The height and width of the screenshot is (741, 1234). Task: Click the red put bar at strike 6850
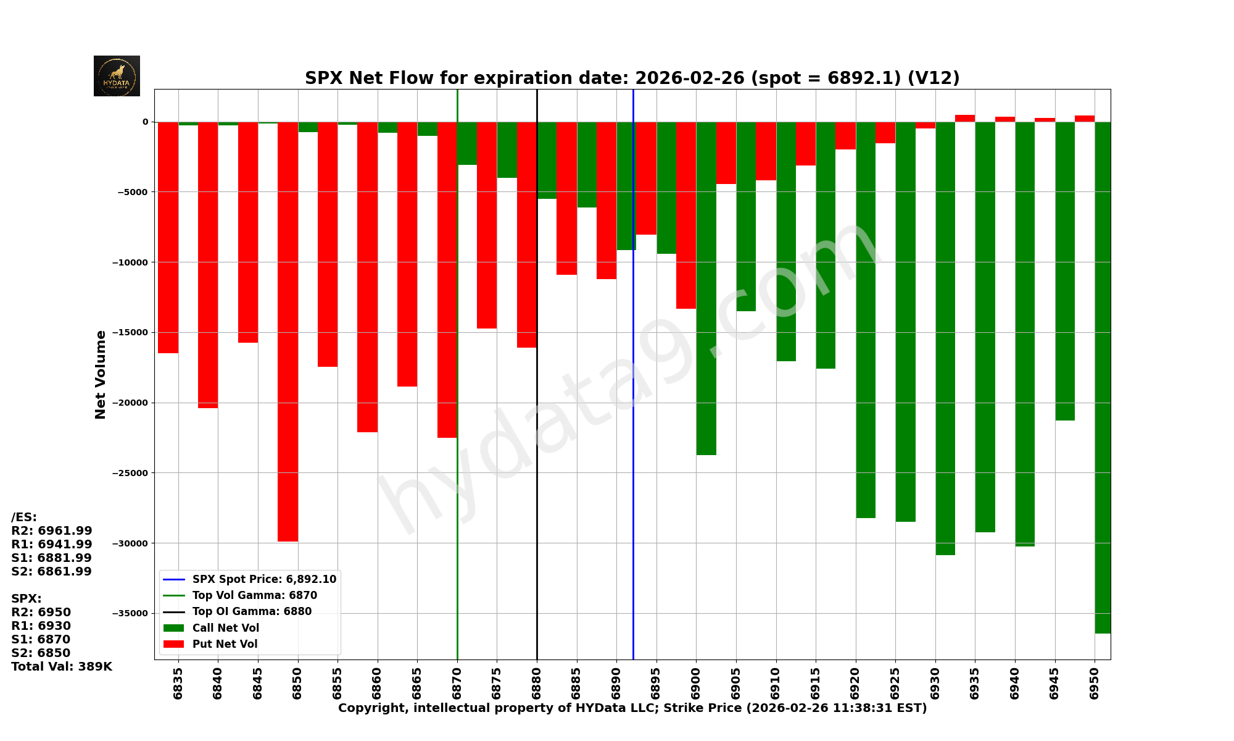tap(288, 332)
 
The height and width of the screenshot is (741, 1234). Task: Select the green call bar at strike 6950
tap(1103, 377)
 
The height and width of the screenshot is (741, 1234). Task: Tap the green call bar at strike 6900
tap(706, 288)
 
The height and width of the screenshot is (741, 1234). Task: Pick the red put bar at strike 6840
tap(208, 265)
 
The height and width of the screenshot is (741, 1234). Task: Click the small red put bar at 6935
tap(965, 118)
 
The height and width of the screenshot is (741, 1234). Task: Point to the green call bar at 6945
tap(1064, 271)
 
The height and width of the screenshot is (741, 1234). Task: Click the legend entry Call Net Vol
tap(225, 628)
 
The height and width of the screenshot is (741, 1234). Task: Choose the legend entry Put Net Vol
tap(225, 644)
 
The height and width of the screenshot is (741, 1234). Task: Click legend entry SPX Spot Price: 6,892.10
tap(264, 579)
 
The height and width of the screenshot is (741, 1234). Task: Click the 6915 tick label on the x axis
tap(816, 683)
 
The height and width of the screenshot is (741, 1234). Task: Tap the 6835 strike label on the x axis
tap(178, 683)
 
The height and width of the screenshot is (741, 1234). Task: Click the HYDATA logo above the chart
tap(117, 76)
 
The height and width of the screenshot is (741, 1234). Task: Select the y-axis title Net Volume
tap(101, 374)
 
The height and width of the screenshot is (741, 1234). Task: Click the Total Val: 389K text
tap(62, 667)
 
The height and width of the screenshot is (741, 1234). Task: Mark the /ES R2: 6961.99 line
tap(52, 531)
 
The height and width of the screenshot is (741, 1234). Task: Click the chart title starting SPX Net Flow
tap(632, 78)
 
